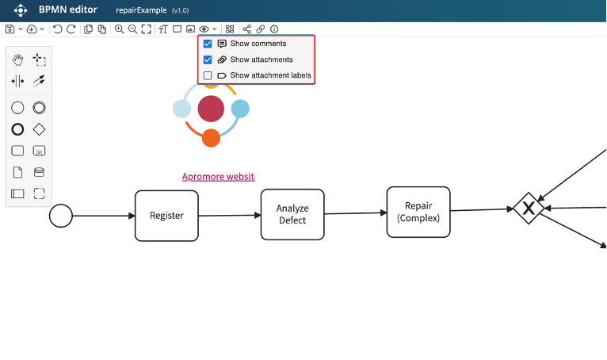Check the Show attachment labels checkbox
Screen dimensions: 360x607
point(208,76)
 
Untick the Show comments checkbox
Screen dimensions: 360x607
point(208,44)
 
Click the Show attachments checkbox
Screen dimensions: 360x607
point(208,59)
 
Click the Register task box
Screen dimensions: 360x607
point(166,216)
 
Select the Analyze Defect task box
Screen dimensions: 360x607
point(292,214)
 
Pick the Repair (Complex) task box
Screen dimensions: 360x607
point(418,212)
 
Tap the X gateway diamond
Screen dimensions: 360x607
point(528,208)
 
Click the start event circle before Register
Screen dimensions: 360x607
point(61,216)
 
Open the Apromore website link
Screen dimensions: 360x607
point(218,177)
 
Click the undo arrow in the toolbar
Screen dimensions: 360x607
point(57,29)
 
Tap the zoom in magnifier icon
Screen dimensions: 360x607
point(119,29)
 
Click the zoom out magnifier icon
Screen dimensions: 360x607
point(132,29)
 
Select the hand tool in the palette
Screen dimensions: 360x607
point(17,59)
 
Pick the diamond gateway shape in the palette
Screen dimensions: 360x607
point(39,129)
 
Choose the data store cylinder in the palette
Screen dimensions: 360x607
point(39,172)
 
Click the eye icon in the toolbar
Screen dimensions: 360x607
point(204,29)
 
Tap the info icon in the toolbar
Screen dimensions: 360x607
point(274,29)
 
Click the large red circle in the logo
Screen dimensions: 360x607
point(211,109)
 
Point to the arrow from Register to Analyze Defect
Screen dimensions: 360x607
point(230,215)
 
